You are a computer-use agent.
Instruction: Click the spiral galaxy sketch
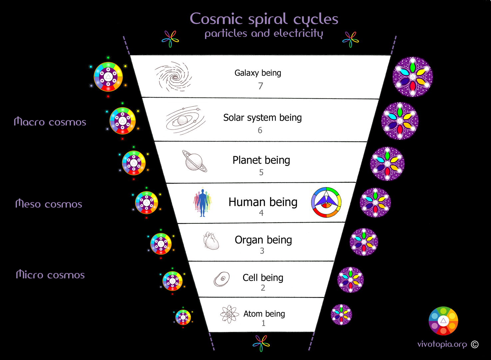point(173,77)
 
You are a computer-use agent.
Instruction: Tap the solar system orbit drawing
point(185,120)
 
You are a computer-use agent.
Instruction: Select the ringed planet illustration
point(194,161)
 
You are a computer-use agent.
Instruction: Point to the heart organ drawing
point(211,241)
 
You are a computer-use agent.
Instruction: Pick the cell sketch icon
point(222,279)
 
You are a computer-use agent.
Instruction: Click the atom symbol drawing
point(229,314)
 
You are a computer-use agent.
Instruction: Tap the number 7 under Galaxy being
point(260,86)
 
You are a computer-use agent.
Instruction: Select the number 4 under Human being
point(261,213)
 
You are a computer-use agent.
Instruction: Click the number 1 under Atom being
point(263,323)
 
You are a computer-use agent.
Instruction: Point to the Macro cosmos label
point(50,122)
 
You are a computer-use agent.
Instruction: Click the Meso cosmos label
point(49,204)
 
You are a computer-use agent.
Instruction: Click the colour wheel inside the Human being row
point(326,202)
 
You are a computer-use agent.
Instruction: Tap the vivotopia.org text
point(442,344)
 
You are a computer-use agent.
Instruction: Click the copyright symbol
point(475,344)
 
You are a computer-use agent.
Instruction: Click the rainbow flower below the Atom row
point(261,343)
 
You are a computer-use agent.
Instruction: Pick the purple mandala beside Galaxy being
point(412,77)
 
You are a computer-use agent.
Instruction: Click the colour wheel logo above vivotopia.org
point(443,321)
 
